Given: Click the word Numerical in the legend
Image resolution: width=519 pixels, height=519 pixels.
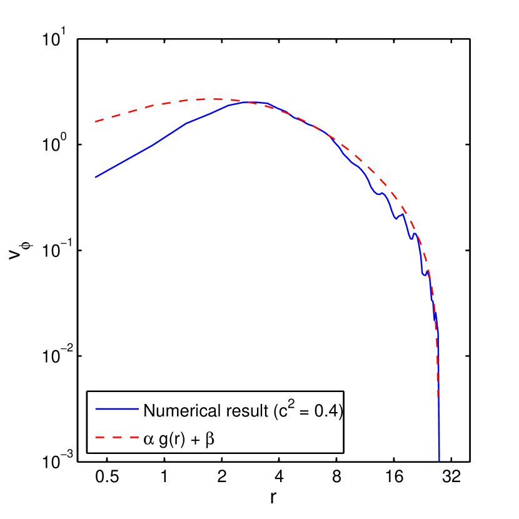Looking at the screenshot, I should click(176, 411).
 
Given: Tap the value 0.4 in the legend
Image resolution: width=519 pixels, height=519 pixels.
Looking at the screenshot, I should click(328, 411).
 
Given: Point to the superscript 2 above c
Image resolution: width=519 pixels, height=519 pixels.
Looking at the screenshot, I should click(291, 403).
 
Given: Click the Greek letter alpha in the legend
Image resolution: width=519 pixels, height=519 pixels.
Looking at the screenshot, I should click(148, 440).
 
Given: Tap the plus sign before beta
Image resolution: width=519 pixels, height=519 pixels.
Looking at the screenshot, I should click(196, 440).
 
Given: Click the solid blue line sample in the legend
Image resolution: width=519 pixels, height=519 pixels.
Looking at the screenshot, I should click(116, 408).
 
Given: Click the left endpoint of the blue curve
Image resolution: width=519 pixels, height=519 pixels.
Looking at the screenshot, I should click(95, 178).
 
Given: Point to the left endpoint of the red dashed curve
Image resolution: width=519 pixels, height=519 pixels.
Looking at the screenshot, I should click(95, 121).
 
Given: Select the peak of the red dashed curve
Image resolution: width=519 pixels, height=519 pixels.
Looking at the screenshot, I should click(216, 99).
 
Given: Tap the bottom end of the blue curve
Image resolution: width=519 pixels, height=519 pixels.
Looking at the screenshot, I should click(440, 461).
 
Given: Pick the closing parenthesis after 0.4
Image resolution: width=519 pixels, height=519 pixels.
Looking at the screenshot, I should click(341, 411).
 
